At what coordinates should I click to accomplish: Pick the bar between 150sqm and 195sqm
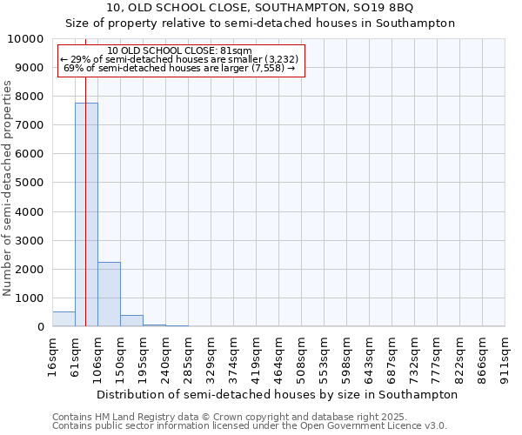[x=131, y=321]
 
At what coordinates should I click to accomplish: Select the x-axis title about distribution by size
[x=277, y=394]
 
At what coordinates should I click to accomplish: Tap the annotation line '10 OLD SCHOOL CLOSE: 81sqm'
[x=180, y=50]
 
